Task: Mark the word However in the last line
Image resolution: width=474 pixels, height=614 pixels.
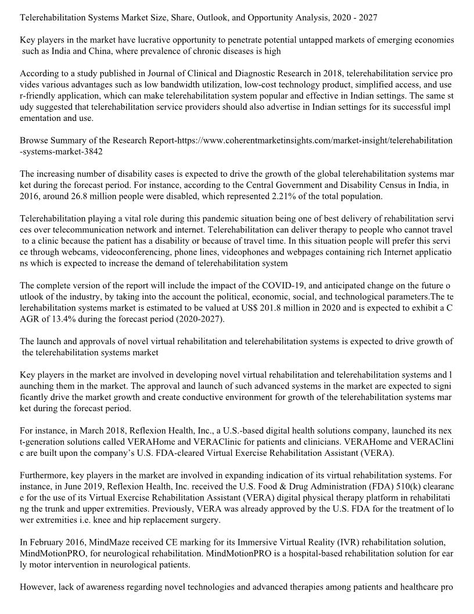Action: point(38,586)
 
